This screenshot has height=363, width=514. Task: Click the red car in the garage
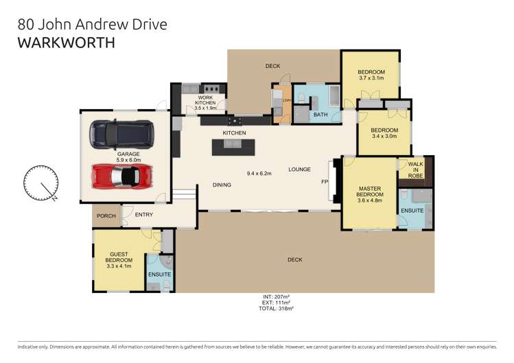(121, 176)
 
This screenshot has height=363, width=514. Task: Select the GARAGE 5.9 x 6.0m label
(128, 157)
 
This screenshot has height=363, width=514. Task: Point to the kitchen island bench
(233, 146)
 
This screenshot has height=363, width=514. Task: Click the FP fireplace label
(325, 182)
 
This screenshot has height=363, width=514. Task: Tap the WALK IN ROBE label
(416, 169)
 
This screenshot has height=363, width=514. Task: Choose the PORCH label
(106, 215)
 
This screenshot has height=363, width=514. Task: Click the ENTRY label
(144, 215)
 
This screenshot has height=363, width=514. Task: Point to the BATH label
(320, 115)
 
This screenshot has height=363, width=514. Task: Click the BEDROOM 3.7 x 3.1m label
(371, 75)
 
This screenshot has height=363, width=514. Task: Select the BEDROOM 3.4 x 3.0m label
(384, 133)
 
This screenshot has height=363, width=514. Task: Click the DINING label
(221, 185)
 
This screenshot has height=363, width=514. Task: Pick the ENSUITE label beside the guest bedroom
(159, 274)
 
